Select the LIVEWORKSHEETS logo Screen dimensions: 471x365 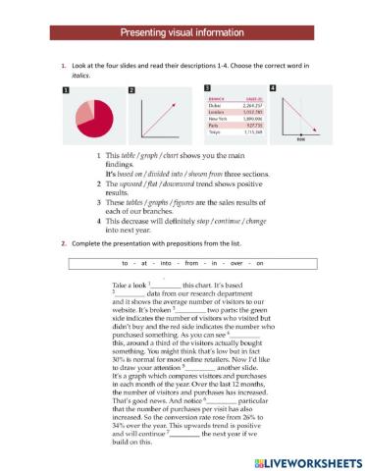pos(304,459)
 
